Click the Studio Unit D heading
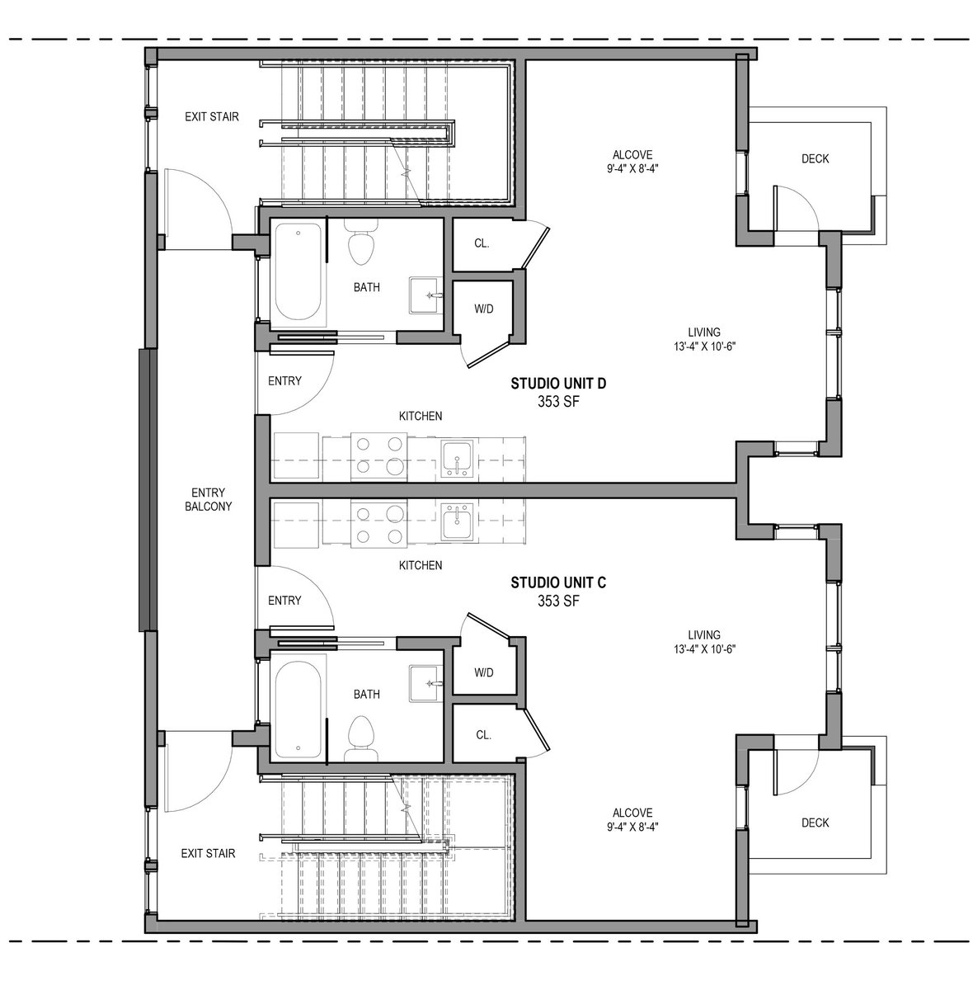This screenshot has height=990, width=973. [558, 384]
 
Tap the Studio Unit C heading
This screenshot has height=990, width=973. [558, 582]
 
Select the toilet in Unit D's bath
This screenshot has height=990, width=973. [363, 242]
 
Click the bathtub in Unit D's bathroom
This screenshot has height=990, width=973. [298, 273]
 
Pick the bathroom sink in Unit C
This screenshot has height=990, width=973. [425, 683]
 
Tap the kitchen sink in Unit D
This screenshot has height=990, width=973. [457, 459]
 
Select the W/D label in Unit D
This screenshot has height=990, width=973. [483, 309]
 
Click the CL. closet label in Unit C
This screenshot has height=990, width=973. [483, 735]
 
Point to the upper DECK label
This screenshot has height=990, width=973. [815, 158]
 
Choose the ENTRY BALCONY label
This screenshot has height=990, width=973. [208, 499]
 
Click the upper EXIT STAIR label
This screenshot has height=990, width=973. [212, 116]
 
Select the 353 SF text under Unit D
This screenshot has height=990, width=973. [558, 402]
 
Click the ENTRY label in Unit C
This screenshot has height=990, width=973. [284, 600]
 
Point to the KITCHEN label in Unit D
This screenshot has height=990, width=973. [421, 416]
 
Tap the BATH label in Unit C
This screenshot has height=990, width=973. [367, 694]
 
